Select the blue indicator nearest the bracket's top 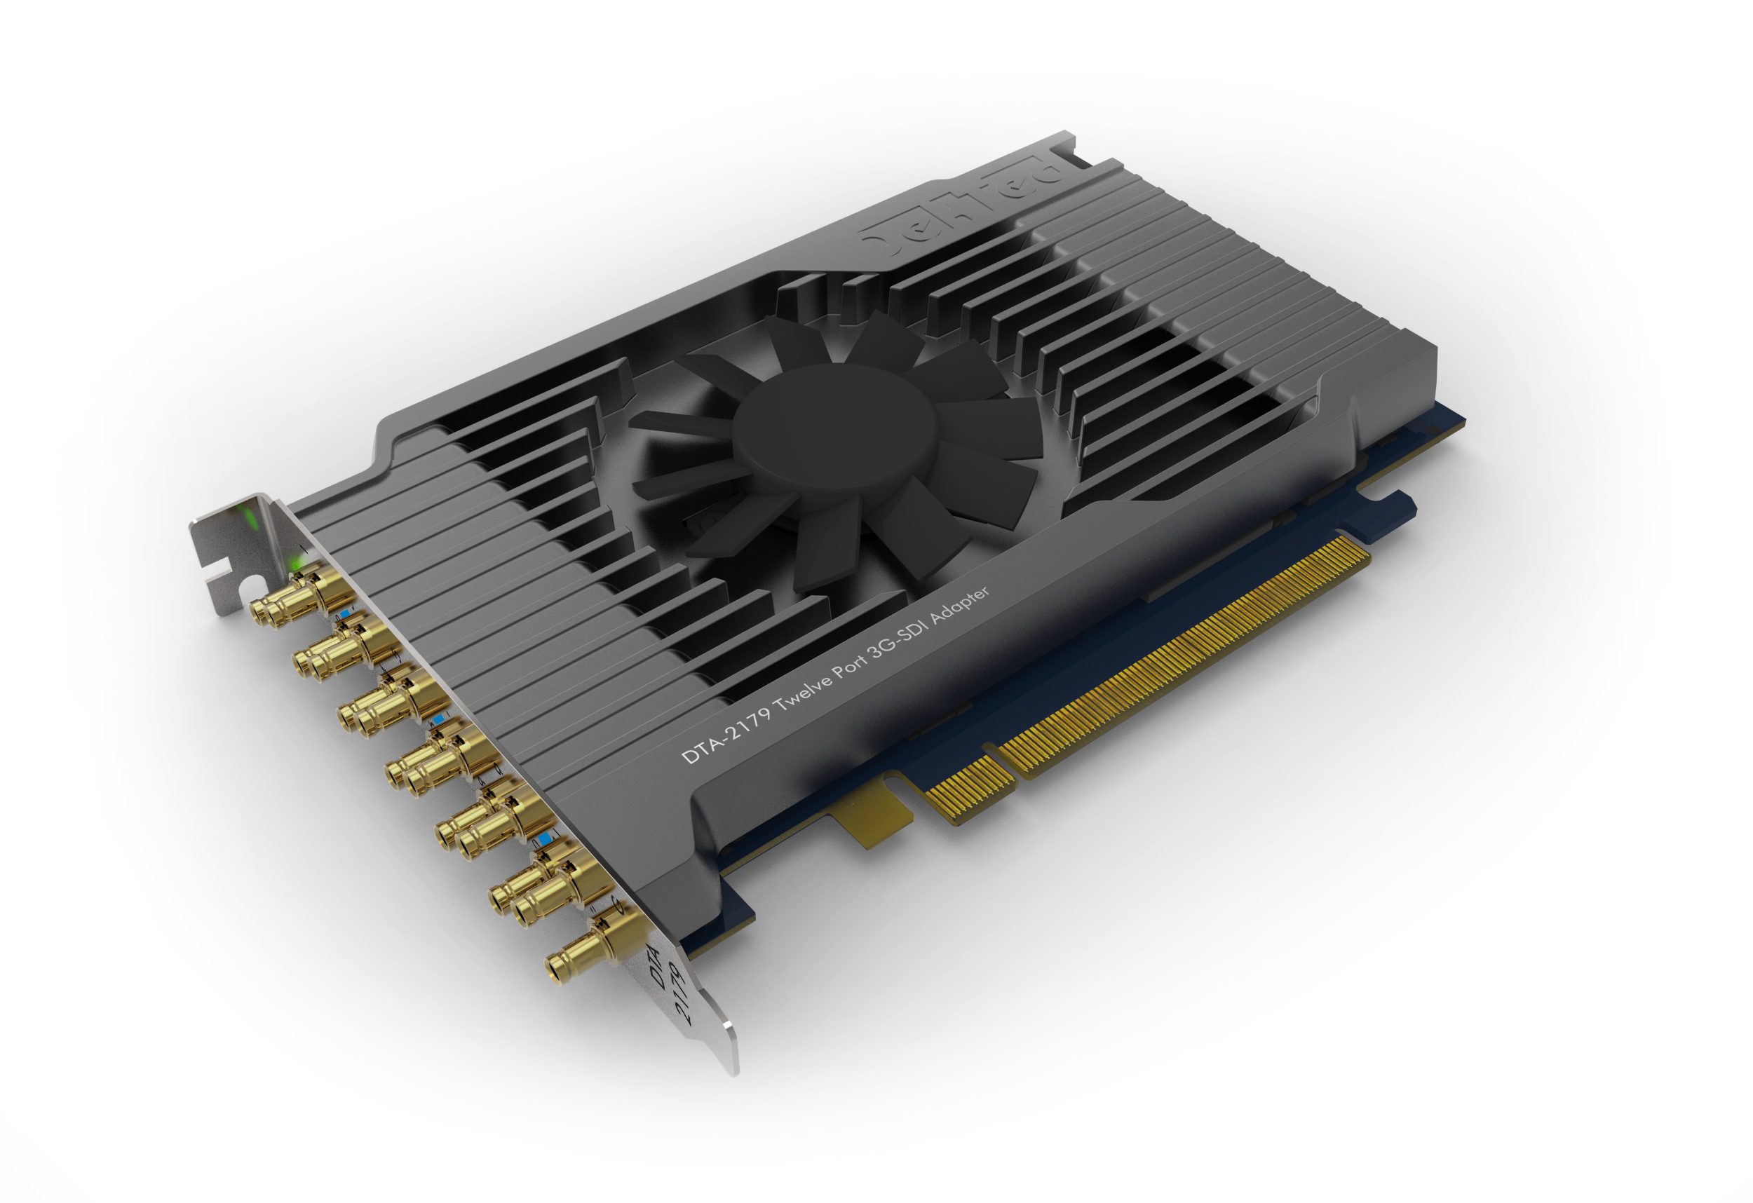[346, 616]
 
